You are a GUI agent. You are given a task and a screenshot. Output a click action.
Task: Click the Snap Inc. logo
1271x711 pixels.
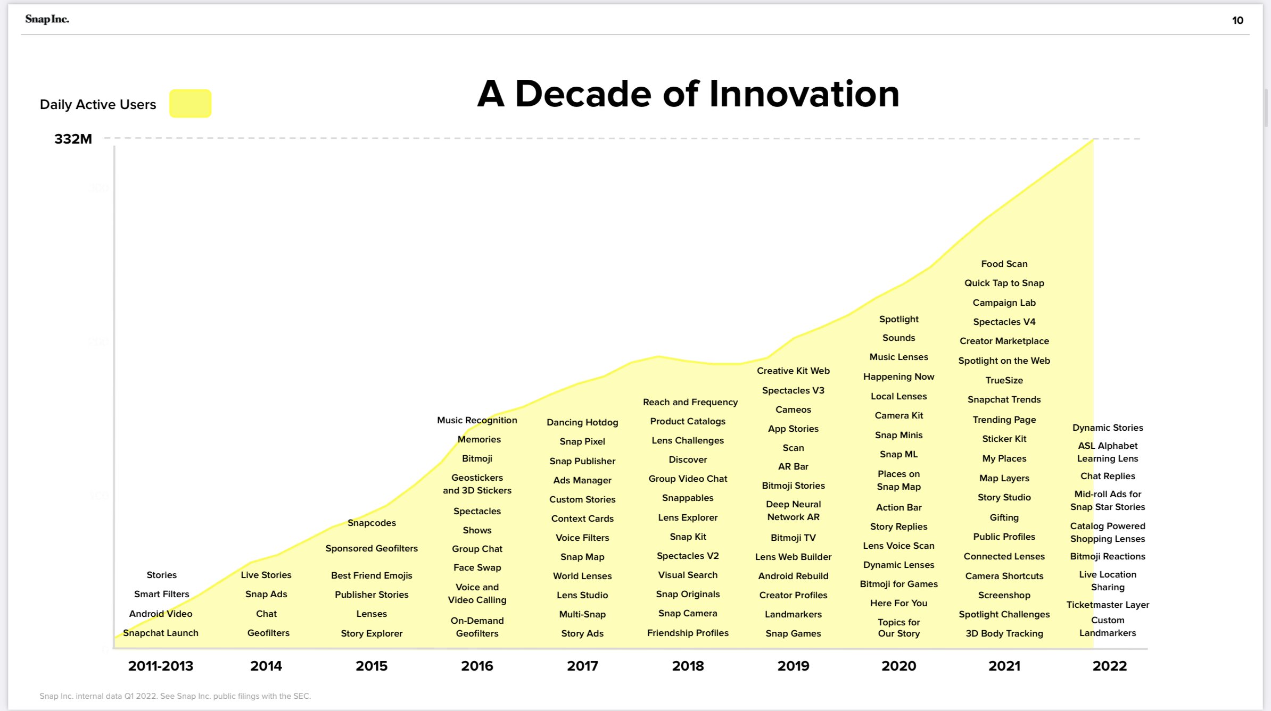coord(47,19)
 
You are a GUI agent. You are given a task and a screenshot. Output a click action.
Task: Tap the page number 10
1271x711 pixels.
coord(1237,20)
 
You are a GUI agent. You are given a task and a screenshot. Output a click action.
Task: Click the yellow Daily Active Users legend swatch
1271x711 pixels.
coord(190,103)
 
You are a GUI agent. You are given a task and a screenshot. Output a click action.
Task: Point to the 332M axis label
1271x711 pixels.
coord(73,139)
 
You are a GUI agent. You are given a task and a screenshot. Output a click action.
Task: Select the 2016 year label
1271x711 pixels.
coord(477,666)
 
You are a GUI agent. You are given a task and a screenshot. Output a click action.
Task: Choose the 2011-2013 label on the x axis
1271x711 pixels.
coord(160,666)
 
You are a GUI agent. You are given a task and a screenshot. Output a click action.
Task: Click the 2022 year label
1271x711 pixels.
coord(1109,666)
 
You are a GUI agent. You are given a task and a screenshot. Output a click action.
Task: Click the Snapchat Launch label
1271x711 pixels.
coord(160,633)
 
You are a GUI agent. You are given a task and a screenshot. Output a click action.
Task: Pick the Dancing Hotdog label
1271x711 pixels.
coord(582,422)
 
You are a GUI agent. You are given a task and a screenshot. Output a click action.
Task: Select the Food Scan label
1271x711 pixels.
coord(1004,264)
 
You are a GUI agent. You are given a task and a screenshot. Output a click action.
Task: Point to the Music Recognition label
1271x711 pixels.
coord(477,420)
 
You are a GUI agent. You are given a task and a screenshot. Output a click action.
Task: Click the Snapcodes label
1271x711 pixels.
coord(372,523)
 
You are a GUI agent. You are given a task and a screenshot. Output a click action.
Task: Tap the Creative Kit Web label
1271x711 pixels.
coord(793,371)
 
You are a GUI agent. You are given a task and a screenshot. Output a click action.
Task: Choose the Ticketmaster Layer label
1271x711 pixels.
coord(1108,605)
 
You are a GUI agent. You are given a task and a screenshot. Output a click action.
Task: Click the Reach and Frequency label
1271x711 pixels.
coord(690,402)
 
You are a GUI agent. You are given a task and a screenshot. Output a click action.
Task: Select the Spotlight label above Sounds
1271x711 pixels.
coord(898,319)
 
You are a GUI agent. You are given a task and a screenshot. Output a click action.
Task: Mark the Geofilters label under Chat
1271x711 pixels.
coord(268,633)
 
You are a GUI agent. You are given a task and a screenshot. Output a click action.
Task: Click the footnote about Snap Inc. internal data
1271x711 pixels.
coord(175,696)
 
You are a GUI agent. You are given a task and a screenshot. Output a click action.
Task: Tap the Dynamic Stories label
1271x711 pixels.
coord(1108,428)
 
